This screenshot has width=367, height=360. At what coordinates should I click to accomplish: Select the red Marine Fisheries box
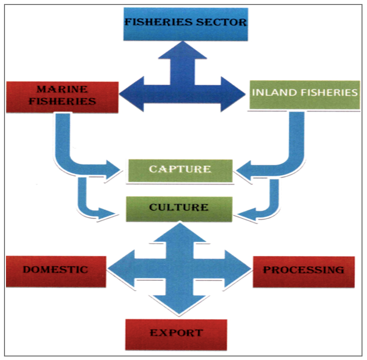tap(62, 97)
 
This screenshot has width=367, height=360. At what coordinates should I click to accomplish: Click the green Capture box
tap(180, 171)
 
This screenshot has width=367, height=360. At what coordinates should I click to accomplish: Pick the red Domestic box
tap(56, 271)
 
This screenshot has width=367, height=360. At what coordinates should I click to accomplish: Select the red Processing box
tap(304, 271)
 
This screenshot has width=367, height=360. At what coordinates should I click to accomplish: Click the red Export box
tap(176, 334)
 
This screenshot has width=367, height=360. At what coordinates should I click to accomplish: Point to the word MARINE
tap(62, 90)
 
